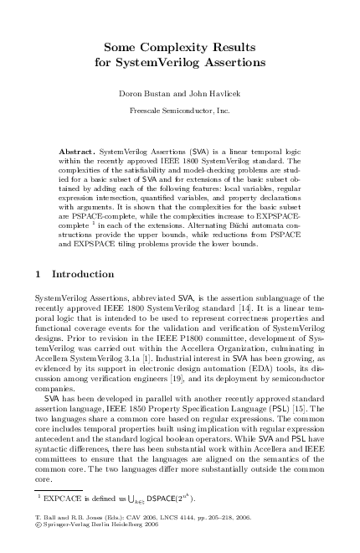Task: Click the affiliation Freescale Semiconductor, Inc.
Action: click(179, 110)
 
